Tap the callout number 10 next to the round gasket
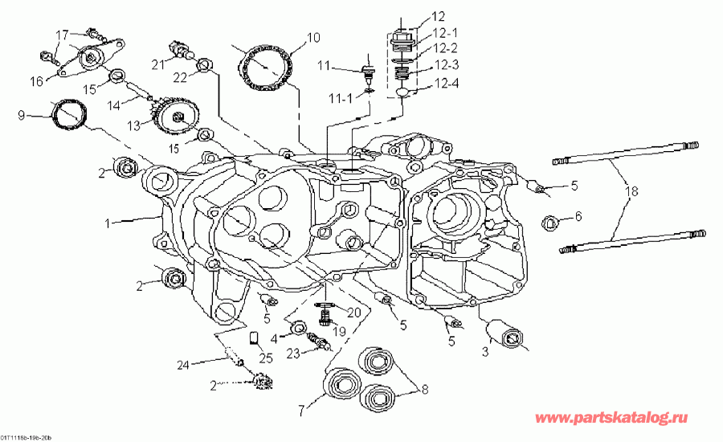coord(312,37)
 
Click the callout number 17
coord(62,34)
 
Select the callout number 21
coord(159,63)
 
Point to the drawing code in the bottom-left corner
coord(27,437)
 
